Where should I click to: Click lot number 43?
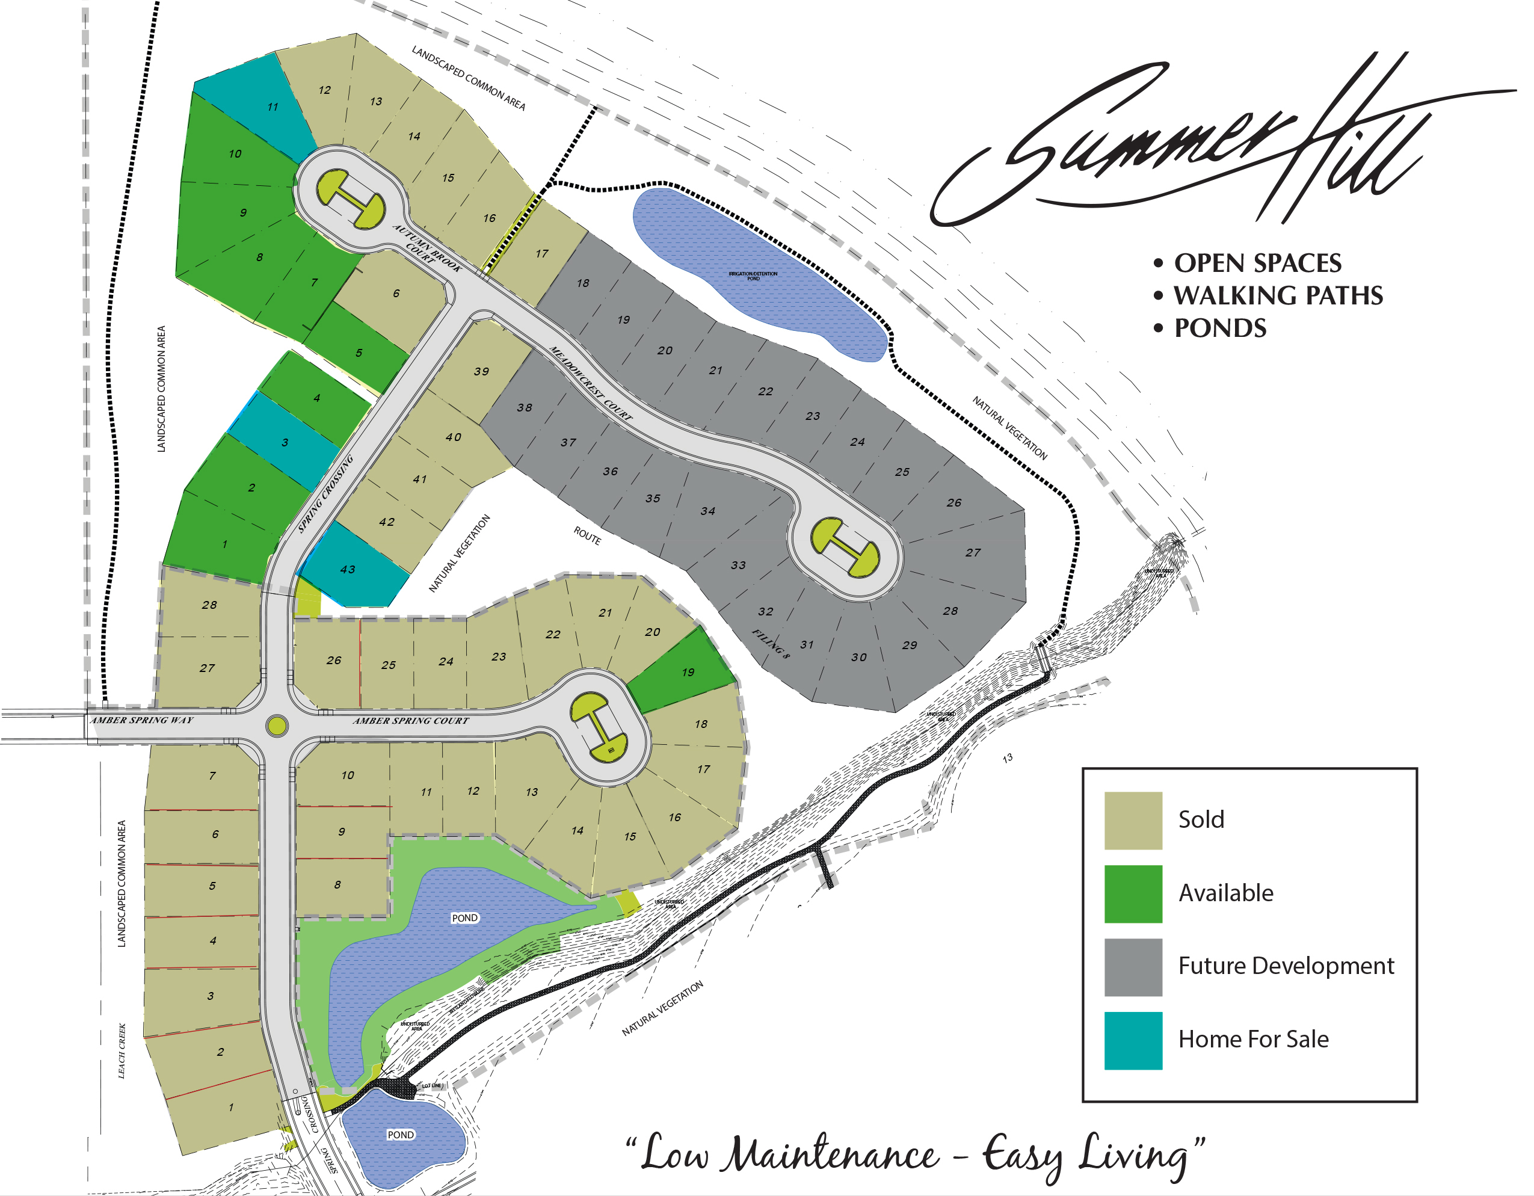[x=351, y=575]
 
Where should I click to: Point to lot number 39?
[x=486, y=375]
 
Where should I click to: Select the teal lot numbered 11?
[x=276, y=108]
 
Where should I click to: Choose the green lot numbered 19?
[x=695, y=679]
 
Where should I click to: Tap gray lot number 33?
[x=746, y=570]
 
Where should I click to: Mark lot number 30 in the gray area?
[x=868, y=664]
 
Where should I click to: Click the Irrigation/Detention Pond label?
[x=762, y=279]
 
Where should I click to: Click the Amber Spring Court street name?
[x=415, y=729]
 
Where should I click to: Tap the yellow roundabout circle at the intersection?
[x=280, y=734]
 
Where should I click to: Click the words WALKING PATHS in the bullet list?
[x=1292, y=298]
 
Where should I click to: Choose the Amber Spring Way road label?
[x=143, y=727]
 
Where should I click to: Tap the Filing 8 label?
[x=779, y=650]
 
